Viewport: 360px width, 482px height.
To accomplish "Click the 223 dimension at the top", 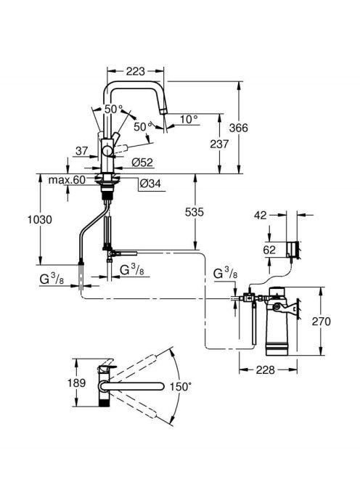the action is [135, 71].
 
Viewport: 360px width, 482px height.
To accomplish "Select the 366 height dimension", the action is [238, 128].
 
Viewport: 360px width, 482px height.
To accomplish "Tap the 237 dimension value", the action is [219, 144].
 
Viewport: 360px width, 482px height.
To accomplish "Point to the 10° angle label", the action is [189, 119].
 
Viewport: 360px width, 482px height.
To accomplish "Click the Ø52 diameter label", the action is [142, 163].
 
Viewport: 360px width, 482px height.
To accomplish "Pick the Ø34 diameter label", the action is [150, 184].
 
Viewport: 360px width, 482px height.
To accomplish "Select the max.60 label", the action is [67, 180].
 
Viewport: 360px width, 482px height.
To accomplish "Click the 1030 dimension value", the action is [40, 219].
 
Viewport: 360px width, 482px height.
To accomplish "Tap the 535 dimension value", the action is [195, 212].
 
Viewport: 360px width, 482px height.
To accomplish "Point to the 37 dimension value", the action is [82, 151].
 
